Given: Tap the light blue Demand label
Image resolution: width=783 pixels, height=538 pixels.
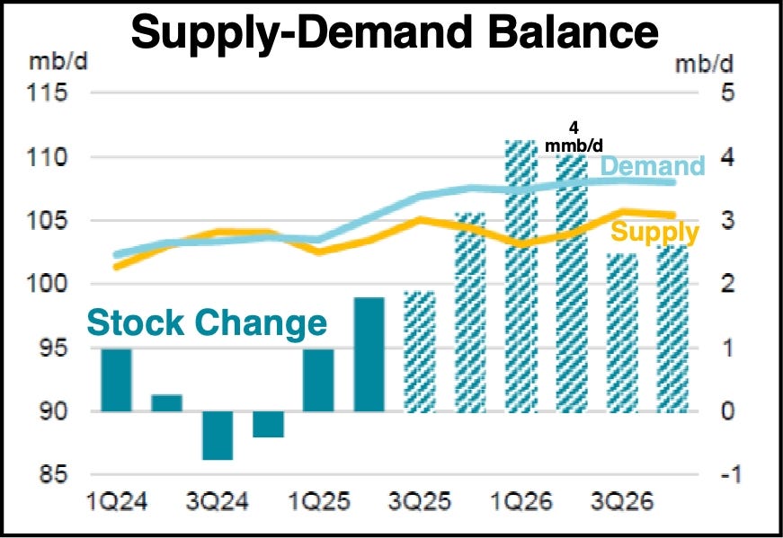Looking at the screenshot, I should (x=652, y=166).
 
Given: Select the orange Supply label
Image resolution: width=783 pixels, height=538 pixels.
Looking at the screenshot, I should (x=654, y=234).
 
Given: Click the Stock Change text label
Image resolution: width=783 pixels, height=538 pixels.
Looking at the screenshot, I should (x=207, y=322).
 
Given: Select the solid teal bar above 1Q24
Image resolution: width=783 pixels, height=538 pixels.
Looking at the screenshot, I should (x=116, y=380).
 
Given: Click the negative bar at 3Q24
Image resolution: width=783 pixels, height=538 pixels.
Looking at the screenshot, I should (x=218, y=436).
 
